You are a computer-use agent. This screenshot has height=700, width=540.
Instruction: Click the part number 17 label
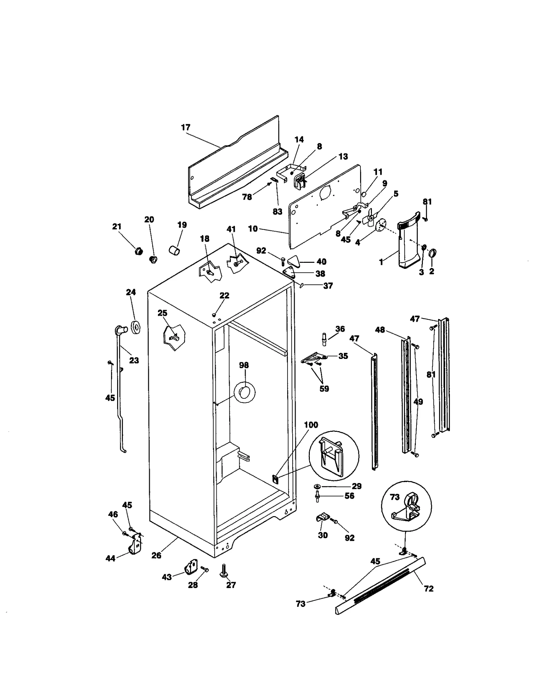tap(186, 128)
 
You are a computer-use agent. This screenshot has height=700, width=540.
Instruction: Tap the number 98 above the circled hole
tap(244, 365)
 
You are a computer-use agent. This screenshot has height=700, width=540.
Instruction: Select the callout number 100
tap(311, 425)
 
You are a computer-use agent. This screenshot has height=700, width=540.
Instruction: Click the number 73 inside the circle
tap(395, 497)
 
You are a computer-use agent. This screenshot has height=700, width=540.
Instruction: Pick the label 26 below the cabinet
tap(156, 555)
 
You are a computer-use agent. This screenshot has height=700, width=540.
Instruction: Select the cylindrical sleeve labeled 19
tap(174, 250)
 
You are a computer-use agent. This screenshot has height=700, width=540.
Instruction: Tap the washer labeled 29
tap(318, 486)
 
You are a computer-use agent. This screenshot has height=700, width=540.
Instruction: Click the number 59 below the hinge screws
tap(324, 389)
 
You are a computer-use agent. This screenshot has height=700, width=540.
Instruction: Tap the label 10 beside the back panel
tap(253, 229)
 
